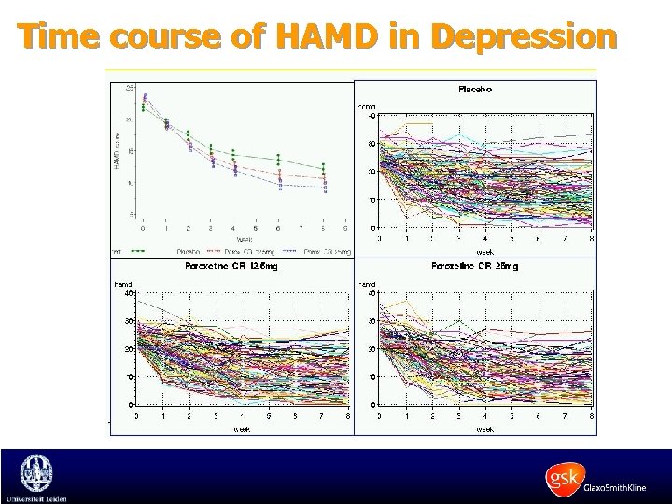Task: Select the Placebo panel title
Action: pyautogui.click(x=475, y=90)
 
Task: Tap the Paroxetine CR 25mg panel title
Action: pyautogui.click(x=475, y=267)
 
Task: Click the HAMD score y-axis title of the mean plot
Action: pyautogui.click(x=118, y=150)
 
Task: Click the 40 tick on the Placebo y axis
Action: pyautogui.click(x=371, y=117)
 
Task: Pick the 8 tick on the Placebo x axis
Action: pyautogui.click(x=591, y=239)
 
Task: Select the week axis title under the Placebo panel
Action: pyautogui.click(x=486, y=251)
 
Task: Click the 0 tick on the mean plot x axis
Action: pyautogui.click(x=143, y=228)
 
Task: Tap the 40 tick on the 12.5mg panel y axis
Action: pyautogui.click(x=127, y=292)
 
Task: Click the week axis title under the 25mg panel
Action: pyautogui.click(x=486, y=429)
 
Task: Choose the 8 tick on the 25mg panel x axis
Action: pyautogui.click(x=591, y=417)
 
